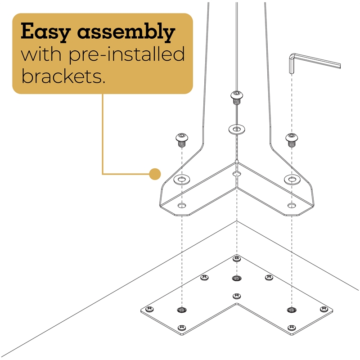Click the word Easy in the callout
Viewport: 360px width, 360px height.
point(45,31)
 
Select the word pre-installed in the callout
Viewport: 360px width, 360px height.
point(127,54)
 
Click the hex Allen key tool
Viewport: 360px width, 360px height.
point(315,63)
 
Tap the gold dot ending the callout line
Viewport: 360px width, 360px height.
point(155,174)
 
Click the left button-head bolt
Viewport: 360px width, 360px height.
point(182,140)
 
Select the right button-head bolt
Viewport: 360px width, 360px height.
point(292,140)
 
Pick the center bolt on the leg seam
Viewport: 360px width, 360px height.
point(237,98)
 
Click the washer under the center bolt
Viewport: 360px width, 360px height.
point(237,130)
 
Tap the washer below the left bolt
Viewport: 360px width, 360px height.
point(182,179)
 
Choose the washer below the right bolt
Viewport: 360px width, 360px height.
point(292,179)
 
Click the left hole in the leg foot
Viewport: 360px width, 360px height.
point(182,205)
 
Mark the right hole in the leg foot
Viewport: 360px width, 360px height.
point(292,205)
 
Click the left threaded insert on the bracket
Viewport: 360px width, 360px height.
point(182,310)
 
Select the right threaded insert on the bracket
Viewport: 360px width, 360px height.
point(292,310)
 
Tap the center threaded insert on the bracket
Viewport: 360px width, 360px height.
point(237,278)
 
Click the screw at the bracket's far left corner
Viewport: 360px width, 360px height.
point(149,309)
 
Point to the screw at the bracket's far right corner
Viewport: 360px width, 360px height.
point(324,309)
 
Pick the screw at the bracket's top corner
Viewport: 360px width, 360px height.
point(237,259)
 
